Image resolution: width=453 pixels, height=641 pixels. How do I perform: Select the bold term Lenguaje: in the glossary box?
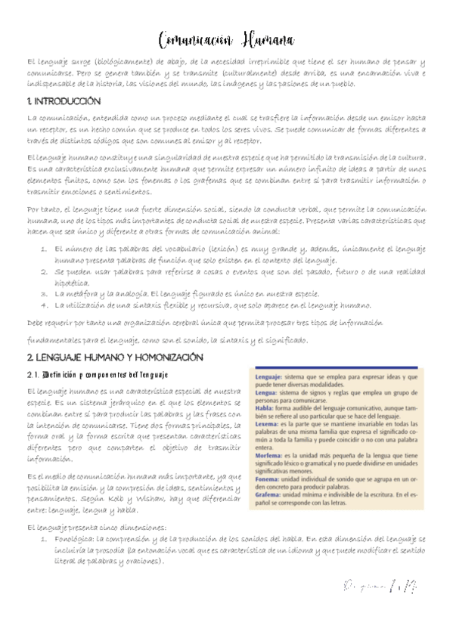269,376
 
